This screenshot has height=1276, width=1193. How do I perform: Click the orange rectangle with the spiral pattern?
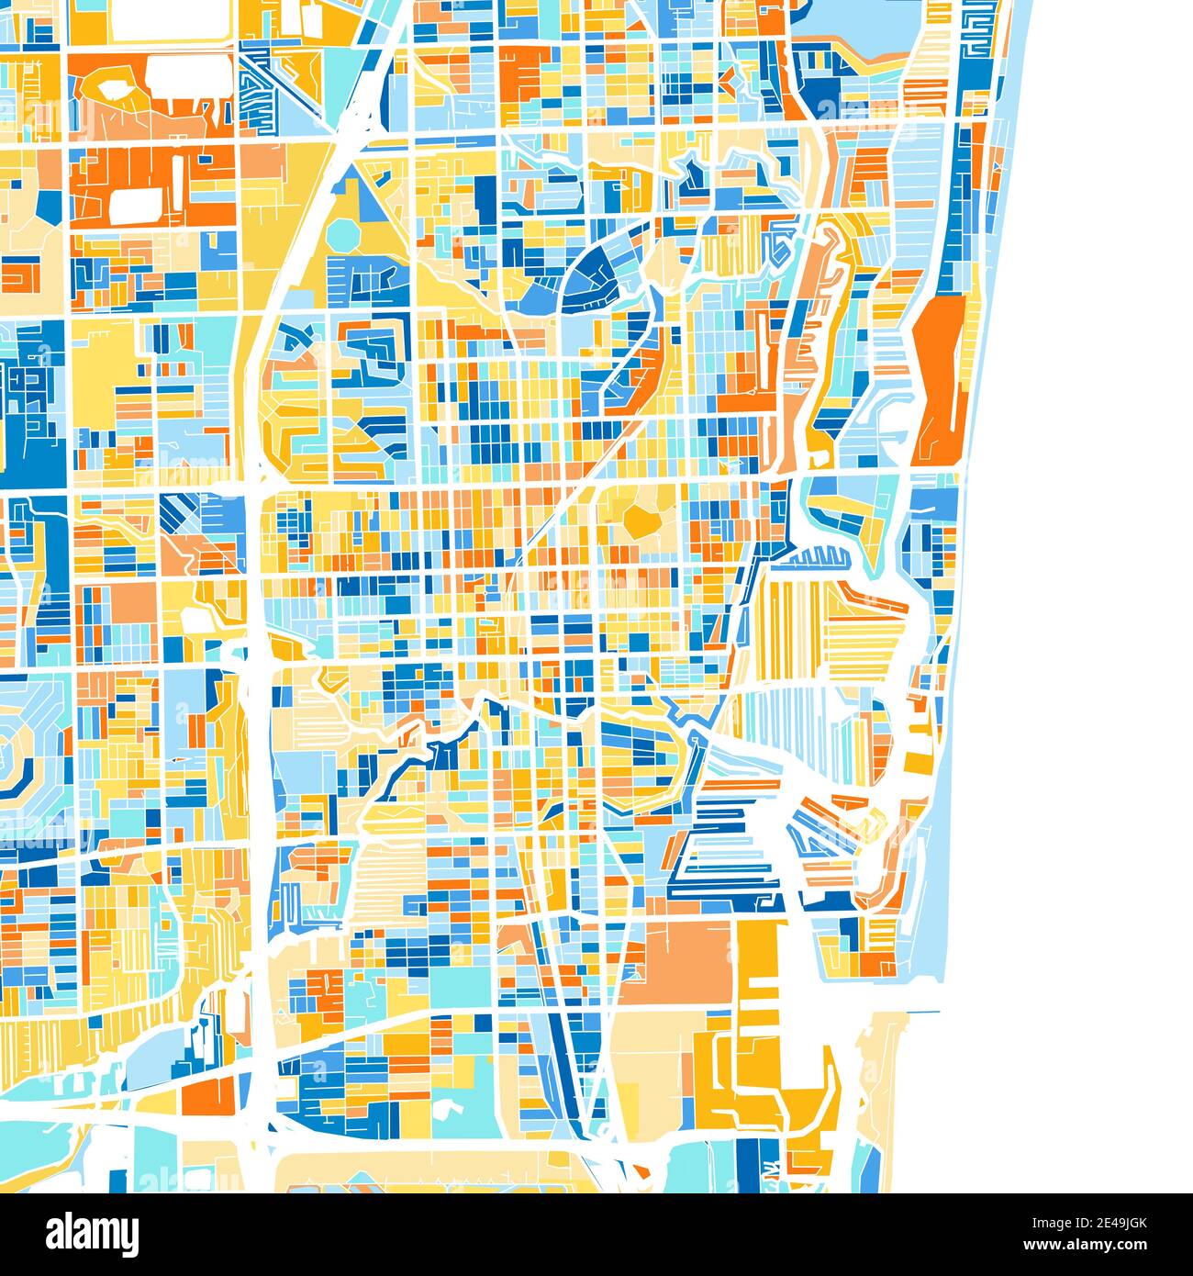pos(18,275)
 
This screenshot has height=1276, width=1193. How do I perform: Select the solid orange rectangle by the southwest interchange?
pos(208,1094)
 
